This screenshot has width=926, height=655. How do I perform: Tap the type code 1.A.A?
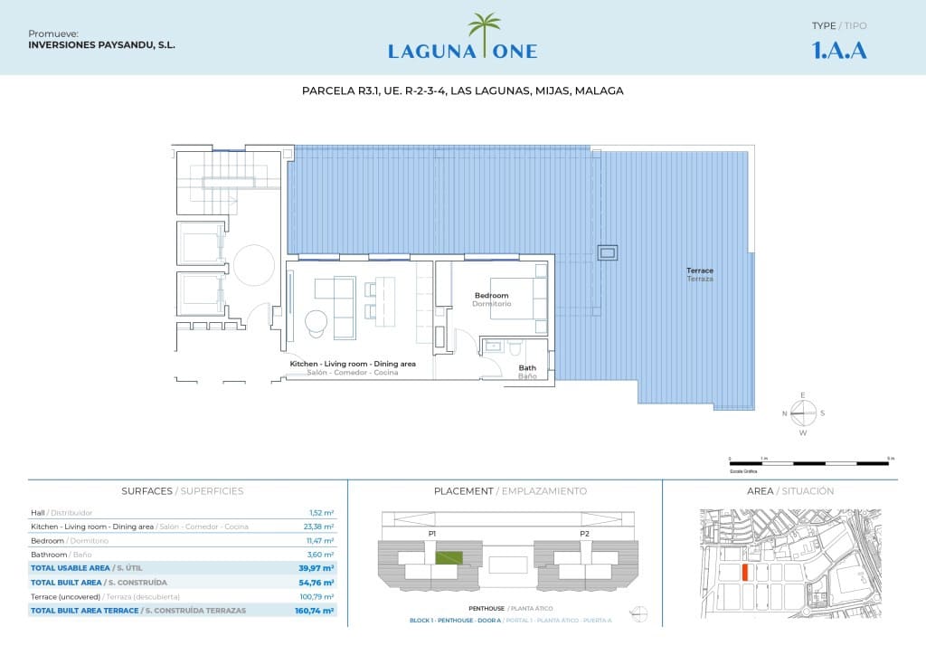[x=839, y=51]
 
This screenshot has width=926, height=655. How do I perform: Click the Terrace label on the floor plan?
[x=700, y=271]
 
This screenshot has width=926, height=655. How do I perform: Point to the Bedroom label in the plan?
[x=492, y=296]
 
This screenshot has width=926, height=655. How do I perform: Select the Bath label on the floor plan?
[x=526, y=367]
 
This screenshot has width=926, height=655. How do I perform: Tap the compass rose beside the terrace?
[x=803, y=413]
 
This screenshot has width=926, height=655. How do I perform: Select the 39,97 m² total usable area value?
[x=317, y=567]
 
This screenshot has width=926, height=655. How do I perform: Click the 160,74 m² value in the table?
[x=317, y=611]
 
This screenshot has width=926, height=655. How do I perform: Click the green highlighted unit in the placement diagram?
[x=449, y=558]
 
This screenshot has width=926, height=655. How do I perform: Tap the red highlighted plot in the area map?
[x=743, y=573]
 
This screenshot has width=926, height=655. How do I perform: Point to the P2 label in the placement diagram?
[x=585, y=534]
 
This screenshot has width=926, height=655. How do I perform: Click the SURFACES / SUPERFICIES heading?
[x=183, y=491]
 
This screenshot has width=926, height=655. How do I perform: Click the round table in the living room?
[x=317, y=322]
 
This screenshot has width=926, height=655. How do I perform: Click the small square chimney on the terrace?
[x=609, y=252]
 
